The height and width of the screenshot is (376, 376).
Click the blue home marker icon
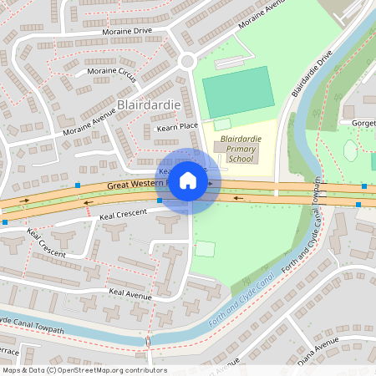click(x=188, y=180)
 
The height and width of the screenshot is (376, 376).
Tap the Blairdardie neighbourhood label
click(x=150, y=105)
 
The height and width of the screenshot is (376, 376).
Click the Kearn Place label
click(x=177, y=126)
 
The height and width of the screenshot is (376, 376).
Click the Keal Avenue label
click(x=130, y=292)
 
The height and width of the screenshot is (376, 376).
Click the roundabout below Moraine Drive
click(x=186, y=60)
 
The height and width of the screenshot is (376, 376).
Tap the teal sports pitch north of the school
click(x=238, y=91)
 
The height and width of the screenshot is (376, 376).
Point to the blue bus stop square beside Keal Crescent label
click(x=160, y=201)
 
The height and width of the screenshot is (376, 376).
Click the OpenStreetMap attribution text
click(x=84, y=370)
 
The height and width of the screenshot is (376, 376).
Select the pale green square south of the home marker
click(x=205, y=248)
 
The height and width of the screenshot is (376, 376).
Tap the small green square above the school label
click(x=221, y=124)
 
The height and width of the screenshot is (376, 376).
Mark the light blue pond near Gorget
click(x=350, y=150)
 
